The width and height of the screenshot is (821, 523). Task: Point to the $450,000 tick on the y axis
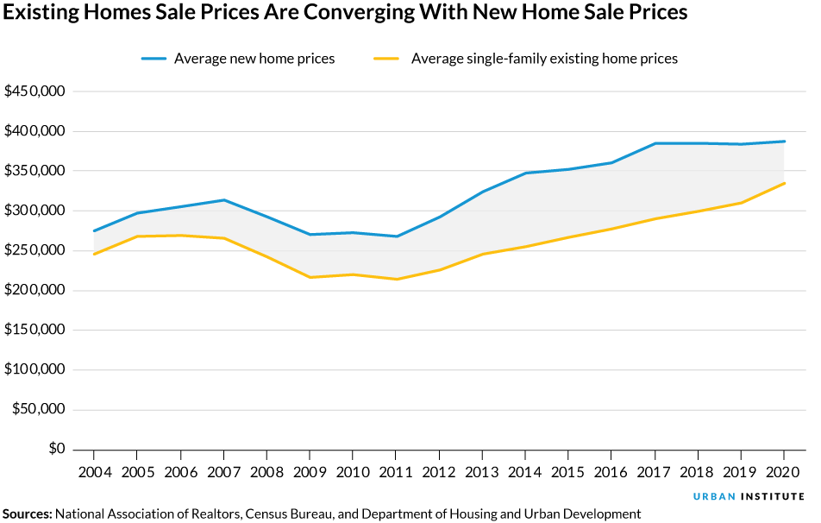[35, 91]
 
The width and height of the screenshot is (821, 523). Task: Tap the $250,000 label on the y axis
[35, 250]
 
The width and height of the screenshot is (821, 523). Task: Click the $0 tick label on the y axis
[57, 449]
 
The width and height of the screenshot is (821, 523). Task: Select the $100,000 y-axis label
[35, 369]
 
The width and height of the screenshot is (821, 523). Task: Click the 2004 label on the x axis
[93, 473]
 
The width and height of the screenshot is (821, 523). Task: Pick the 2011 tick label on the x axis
[395, 473]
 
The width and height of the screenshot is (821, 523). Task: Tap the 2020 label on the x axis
[783, 473]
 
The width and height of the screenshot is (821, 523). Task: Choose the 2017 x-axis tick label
[654, 473]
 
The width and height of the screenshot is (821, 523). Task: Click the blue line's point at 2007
[223, 200]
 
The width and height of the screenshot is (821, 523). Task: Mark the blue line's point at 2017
[655, 143]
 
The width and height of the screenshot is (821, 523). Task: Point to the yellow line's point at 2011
[396, 279]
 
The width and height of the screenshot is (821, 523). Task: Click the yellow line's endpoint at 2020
[784, 183]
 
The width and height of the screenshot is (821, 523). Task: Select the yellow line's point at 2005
[137, 236]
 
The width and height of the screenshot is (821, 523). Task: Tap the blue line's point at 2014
[525, 173]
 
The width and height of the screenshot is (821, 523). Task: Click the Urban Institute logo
[749, 497]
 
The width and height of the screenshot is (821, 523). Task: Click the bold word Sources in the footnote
[27, 514]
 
